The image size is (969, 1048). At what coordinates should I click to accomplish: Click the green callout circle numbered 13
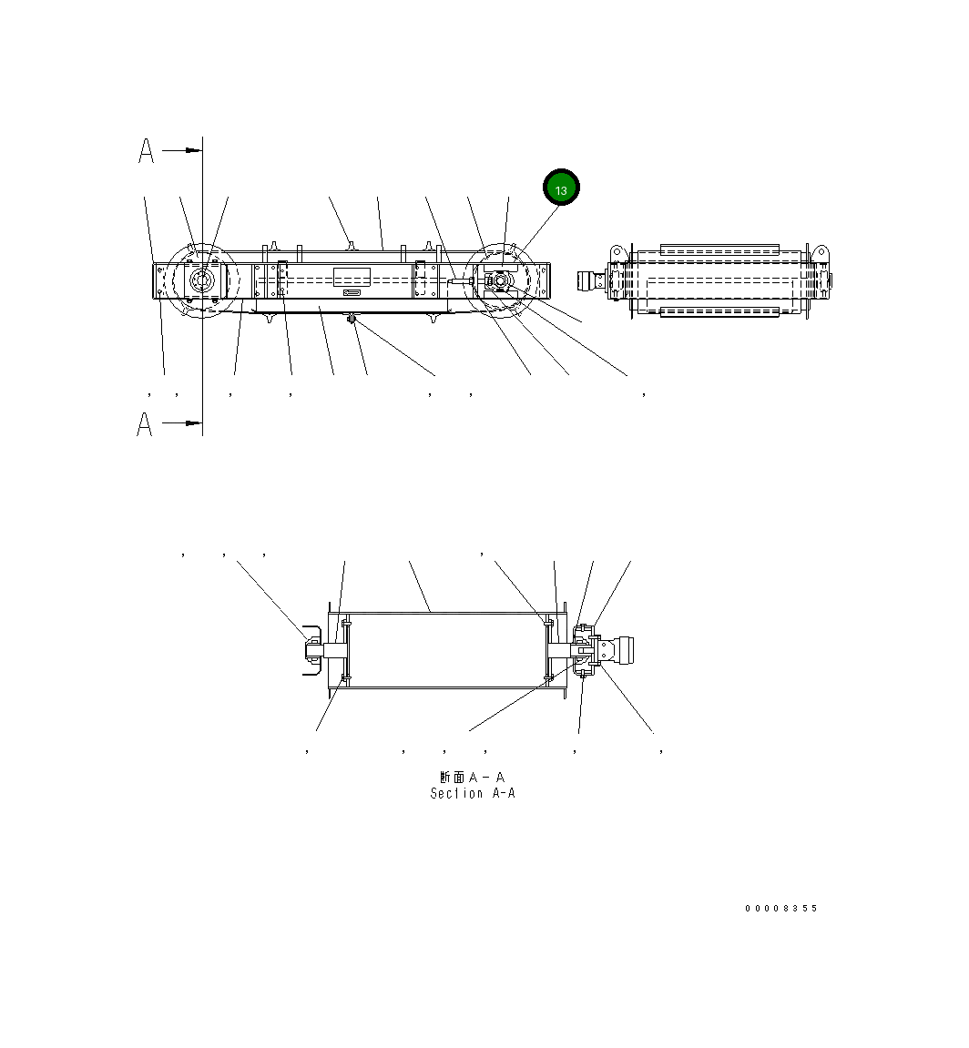click(561, 188)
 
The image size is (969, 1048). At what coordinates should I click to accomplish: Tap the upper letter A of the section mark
click(146, 151)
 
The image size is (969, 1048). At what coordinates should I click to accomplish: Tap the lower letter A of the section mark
click(145, 423)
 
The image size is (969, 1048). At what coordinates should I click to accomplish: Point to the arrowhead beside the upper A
click(191, 150)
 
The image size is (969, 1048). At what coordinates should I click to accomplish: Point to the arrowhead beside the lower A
click(191, 423)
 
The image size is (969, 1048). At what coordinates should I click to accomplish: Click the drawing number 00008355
click(781, 909)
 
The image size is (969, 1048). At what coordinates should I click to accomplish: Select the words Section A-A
click(473, 794)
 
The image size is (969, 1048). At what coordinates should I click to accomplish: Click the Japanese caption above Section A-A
click(472, 778)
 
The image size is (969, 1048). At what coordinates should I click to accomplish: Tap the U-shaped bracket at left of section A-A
click(311, 650)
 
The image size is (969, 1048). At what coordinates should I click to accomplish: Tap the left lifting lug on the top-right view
click(616, 250)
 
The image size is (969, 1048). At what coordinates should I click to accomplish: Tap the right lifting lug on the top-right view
click(821, 251)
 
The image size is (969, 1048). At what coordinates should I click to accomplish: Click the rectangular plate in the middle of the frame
click(352, 278)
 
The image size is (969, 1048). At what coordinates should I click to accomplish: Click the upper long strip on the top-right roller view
click(719, 248)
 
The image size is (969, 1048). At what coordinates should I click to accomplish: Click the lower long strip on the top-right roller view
click(719, 312)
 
